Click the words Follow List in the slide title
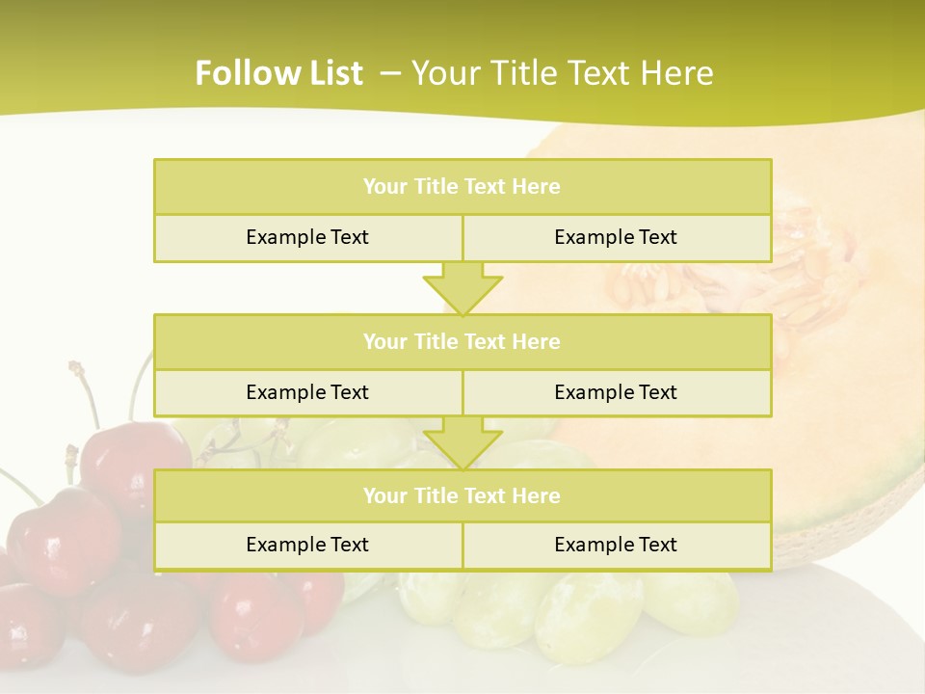tap(278, 73)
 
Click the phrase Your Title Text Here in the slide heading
tap(563, 73)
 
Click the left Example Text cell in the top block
tap(307, 237)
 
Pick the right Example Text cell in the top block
tap(616, 237)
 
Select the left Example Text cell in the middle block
tap(307, 392)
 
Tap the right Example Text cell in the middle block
tap(616, 392)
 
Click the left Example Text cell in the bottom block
tap(307, 545)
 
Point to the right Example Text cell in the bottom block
tap(616, 545)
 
